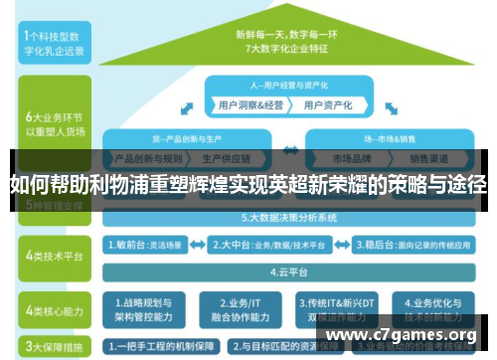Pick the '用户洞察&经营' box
point(248,103)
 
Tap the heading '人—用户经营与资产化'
point(289,85)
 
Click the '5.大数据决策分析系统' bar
point(288,217)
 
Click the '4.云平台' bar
point(288,270)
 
